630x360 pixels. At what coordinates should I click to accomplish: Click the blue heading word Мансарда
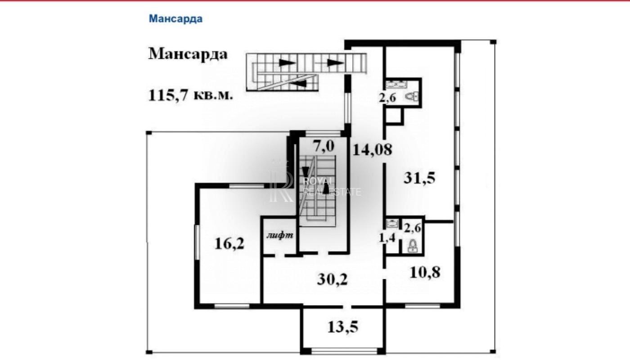[175, 19]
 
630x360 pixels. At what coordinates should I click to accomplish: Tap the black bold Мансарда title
[188, 54]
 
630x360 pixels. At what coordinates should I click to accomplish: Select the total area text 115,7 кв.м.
[190, 95]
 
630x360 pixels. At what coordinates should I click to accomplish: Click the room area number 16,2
[229, 243]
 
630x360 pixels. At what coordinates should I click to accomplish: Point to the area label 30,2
[332, 279]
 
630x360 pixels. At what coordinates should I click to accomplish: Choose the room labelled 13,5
[343, 327]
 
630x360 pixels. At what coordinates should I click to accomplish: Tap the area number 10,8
[425, 272]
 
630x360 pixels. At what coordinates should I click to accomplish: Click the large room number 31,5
[419, 178]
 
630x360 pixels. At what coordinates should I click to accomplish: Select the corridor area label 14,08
[372, 149]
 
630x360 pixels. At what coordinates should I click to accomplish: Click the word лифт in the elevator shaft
[279, 235]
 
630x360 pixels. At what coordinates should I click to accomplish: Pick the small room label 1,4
[387, 238]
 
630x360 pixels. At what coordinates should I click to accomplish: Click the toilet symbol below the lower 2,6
[412, 246]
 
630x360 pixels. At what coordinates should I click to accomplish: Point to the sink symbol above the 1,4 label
[392, 224]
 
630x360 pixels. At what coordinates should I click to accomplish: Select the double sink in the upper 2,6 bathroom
[396, 84]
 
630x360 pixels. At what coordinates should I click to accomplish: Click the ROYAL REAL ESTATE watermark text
[331, 187]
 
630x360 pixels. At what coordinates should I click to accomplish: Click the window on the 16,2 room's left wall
[198, 242]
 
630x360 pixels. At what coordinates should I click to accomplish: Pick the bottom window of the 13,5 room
[344, 351]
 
